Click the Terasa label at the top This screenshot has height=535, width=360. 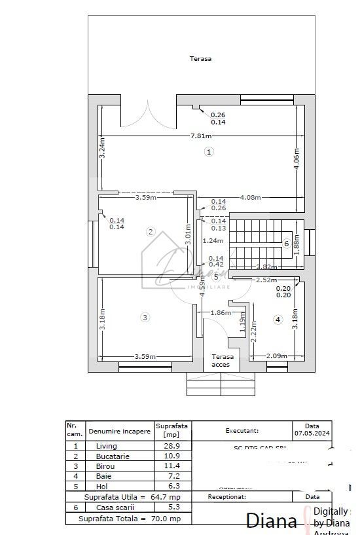coord(200,58)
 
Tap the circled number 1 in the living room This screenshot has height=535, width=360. coord(209,152)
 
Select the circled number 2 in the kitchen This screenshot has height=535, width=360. coord(151,232)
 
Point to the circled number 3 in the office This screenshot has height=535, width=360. coord(145,318)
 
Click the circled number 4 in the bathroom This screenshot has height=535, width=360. coord(278,320)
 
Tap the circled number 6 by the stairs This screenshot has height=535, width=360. coord(286,244)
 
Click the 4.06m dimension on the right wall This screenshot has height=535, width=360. coord(297,158)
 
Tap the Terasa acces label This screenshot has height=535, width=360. coord(218,361)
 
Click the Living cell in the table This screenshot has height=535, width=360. coord(105,445)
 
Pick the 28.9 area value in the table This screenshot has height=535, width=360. coord(171,445)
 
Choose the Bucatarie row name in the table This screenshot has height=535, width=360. coord(111,456)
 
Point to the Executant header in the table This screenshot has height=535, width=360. coord(242,432)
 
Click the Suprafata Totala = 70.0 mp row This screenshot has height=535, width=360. coord(129,518)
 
